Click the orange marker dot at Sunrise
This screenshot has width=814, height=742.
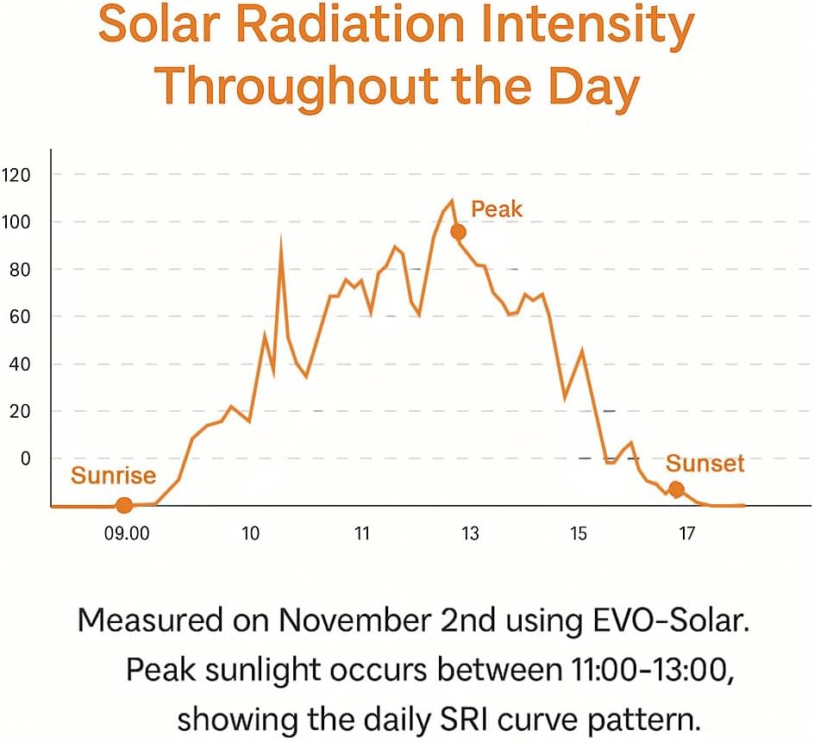coord(124,506)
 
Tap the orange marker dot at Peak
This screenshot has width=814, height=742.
coord(458,232)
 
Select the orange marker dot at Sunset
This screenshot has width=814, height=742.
coord(676,489)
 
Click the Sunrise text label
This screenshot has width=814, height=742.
coord(113,476)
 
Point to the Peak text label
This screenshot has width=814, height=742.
coord(497,209)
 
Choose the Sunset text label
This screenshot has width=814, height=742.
coord(704,464)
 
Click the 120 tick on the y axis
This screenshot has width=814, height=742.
coord(17,176)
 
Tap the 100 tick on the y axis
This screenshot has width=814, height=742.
coord(17,222)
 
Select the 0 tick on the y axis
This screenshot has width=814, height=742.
coord(25,458)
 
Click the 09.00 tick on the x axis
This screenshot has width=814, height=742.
coord(126,534)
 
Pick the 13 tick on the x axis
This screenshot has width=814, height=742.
coord(470,534)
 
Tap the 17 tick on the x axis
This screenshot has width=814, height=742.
coord(686,534)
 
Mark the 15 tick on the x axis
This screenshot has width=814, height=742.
coord(578,534)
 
